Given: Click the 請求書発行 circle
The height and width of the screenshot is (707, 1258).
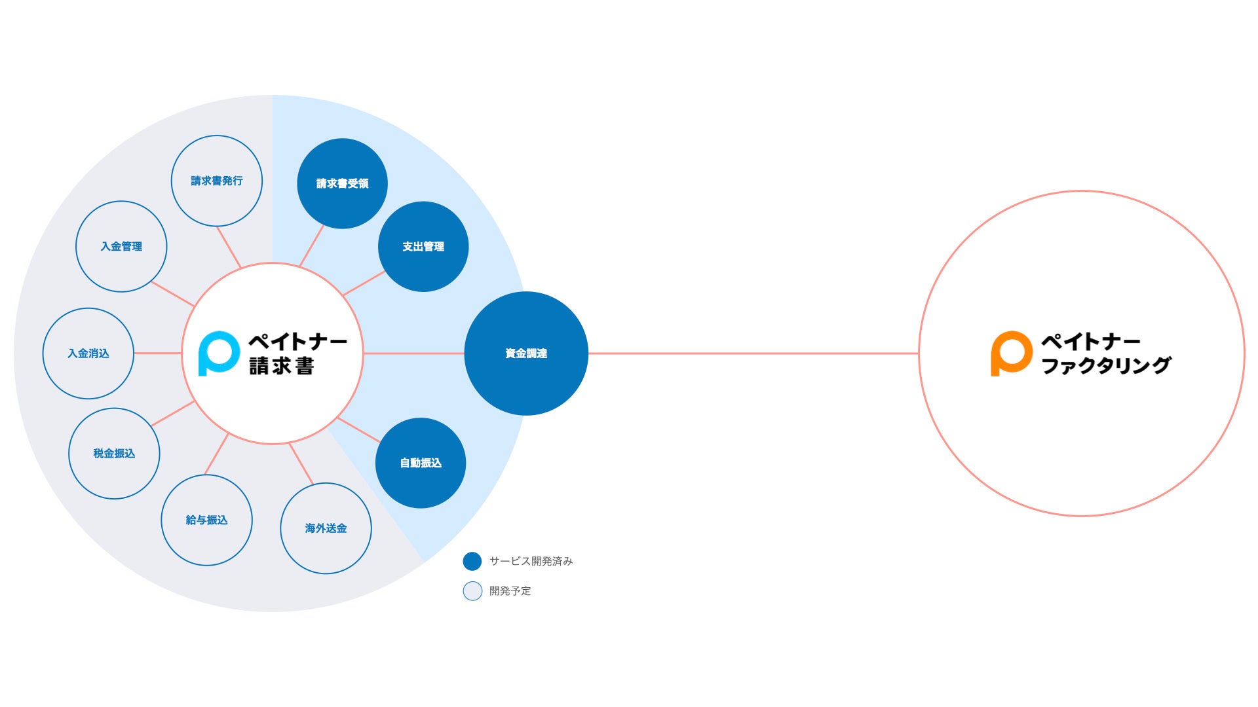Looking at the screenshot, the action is coord(217,181).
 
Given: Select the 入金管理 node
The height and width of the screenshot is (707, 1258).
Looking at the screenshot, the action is coord(121,246).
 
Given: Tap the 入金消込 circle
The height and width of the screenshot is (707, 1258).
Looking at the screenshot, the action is coord(88,353).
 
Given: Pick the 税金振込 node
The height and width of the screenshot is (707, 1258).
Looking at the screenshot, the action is coord(114,453).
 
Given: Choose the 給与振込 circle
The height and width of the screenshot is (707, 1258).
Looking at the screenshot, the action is coord(206,520).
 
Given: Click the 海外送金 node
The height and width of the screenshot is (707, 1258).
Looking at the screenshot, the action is coord(326,528).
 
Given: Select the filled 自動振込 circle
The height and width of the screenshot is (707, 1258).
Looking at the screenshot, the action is coord(421,463).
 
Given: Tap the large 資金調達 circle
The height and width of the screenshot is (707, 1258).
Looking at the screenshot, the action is coord(526,353).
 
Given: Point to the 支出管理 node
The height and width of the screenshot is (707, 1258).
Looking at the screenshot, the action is coord(423,246).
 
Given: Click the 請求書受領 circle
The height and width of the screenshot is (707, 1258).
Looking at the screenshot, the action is coord(342,183).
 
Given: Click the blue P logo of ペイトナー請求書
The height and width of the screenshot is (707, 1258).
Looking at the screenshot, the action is coord(218,353).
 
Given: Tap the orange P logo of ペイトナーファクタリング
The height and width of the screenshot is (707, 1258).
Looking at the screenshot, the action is coord(1011,353).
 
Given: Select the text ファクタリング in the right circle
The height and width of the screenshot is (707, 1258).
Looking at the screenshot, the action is coord(1106,366).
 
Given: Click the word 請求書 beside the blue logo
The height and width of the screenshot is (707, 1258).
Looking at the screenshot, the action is coord(282,366).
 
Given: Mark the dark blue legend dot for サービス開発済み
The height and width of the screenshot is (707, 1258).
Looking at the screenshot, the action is coord(472,561).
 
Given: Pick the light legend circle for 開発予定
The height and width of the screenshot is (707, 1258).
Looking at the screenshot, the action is coord(472,591).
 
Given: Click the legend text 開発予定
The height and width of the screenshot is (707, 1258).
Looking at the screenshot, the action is coord(510,591).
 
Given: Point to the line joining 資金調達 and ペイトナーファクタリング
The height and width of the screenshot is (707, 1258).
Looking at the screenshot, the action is coord(753,353).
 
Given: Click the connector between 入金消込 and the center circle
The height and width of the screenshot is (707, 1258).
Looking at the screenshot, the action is coord(158,353).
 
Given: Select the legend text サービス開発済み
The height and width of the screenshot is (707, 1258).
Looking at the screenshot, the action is coord(531,561).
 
